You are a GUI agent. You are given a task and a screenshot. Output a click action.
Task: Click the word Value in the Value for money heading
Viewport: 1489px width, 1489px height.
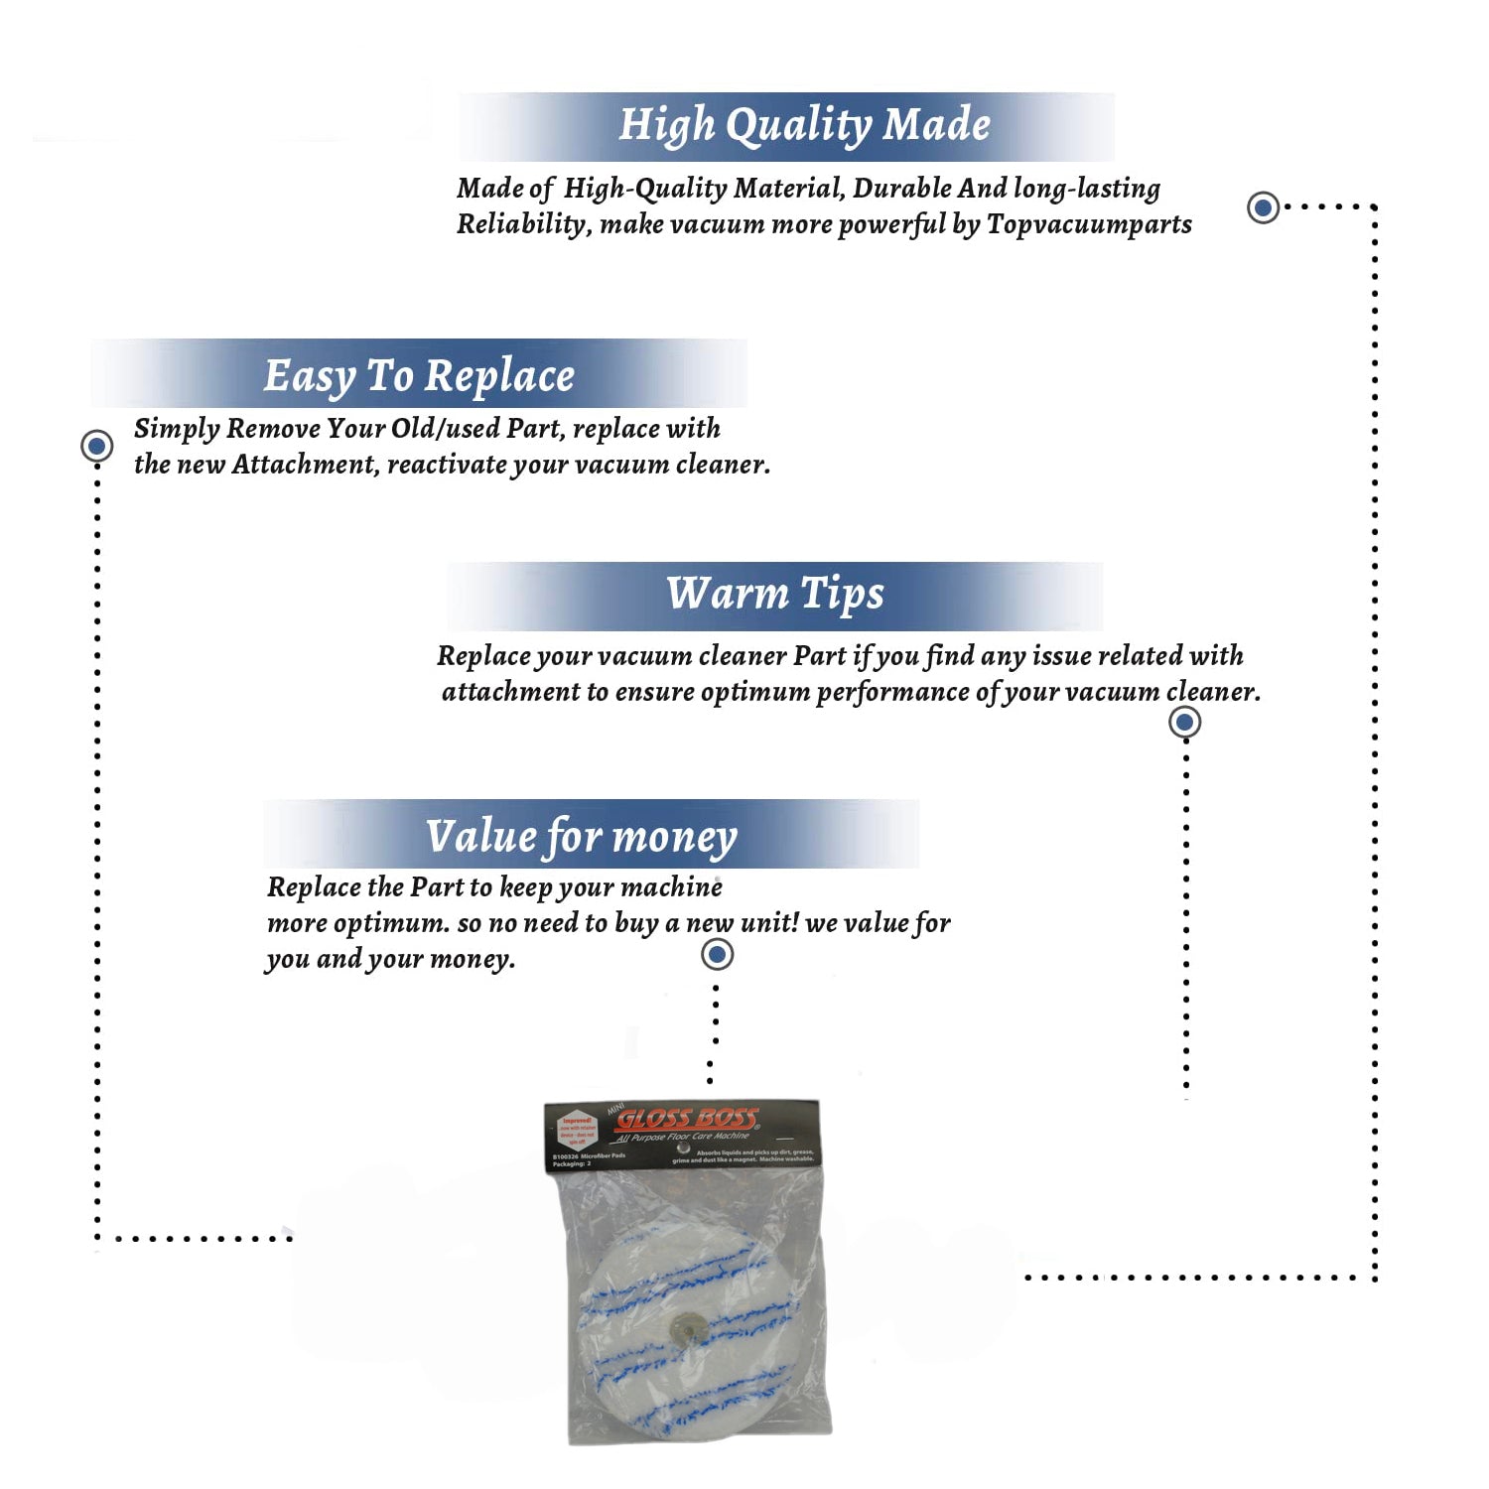(x=480, y=836)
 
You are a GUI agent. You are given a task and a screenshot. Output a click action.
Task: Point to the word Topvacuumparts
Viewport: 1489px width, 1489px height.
(x=1089, y=224)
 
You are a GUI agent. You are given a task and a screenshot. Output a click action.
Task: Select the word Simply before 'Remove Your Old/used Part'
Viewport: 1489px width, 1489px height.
(x=177, y=429)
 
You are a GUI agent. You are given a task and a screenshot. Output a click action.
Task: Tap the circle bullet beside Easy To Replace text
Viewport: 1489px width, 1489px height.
(x=97, y=446)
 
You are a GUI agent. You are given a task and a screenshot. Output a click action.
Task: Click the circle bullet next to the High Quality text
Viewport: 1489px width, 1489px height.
(x=1263, y=207)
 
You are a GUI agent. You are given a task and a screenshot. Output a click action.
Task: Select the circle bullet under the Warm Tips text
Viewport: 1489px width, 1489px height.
(x=1184, y=722)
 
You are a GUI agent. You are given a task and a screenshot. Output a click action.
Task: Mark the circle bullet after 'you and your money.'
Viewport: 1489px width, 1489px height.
(x=717, y=955)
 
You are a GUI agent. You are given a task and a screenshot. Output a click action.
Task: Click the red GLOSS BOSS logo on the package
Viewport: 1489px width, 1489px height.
(x=687, y=1119)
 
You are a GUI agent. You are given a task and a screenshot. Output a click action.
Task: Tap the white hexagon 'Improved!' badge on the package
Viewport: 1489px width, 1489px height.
(x=577, y=1131)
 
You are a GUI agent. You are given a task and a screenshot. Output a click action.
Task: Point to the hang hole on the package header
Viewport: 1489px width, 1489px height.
(x=683, y=1148)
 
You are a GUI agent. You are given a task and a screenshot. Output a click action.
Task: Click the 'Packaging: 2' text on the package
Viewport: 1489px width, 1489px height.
(x=572, y=1163)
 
